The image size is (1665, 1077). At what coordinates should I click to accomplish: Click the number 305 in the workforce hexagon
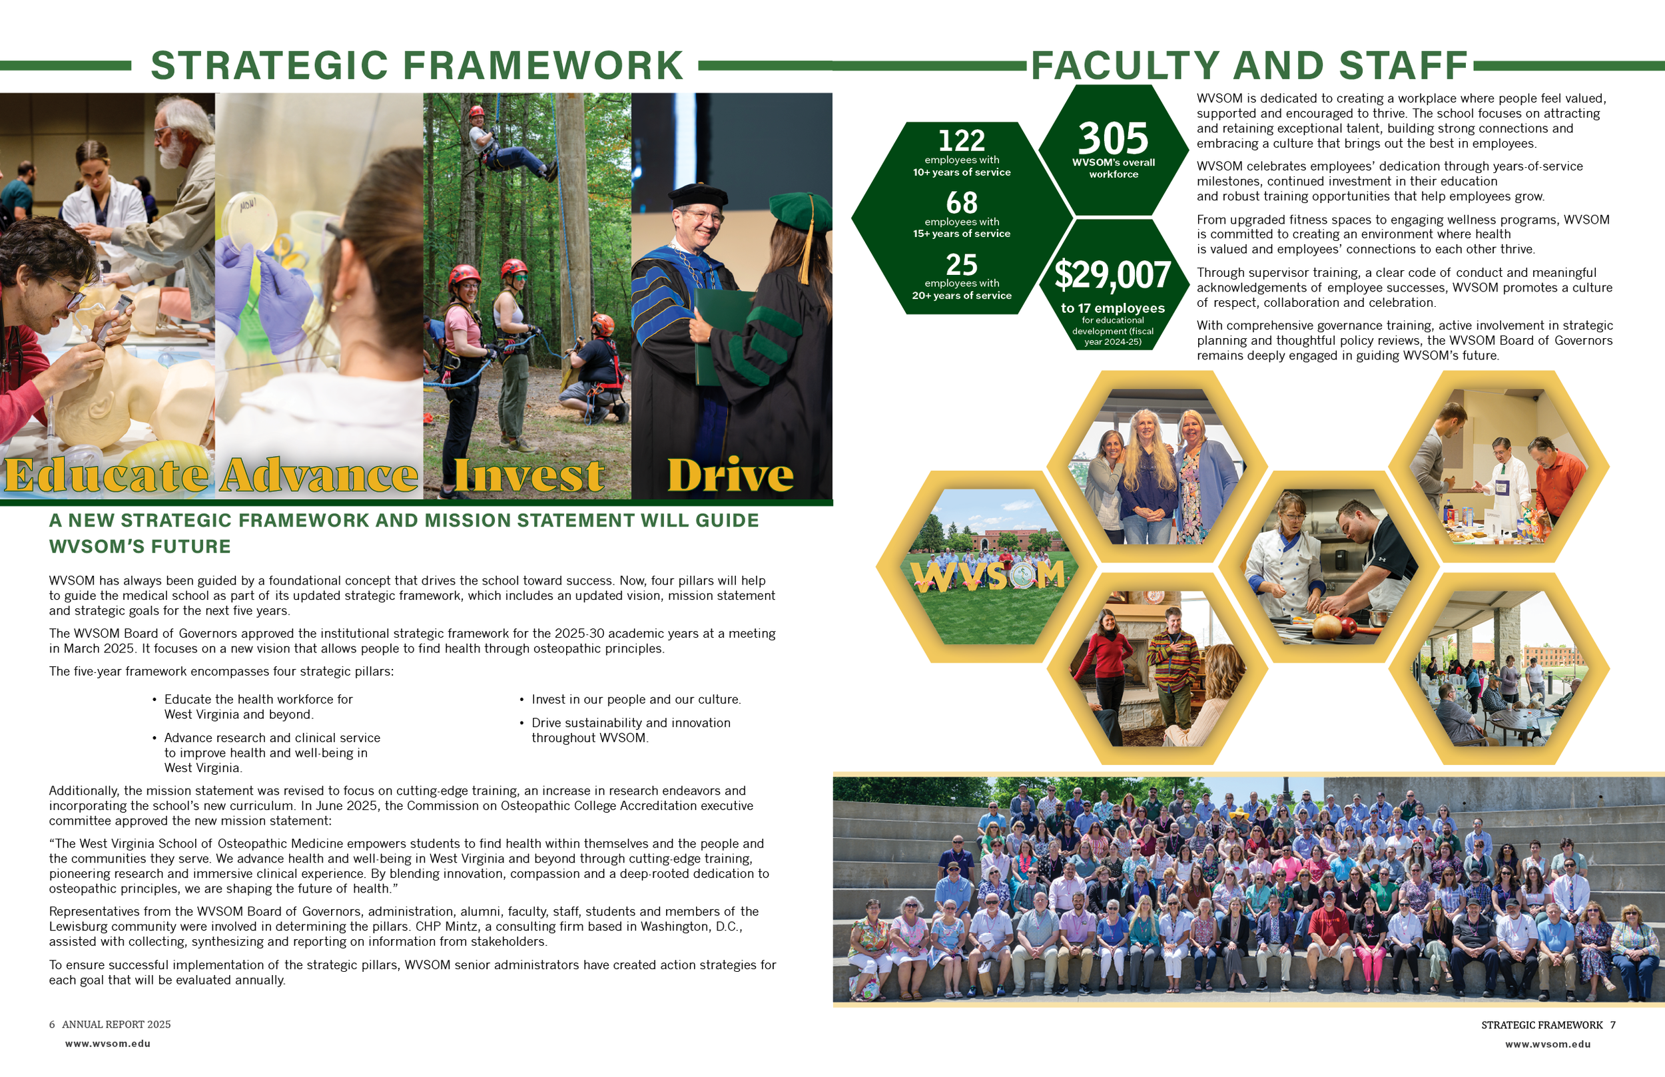[1113, 138]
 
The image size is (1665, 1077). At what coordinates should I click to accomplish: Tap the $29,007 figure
[1112, 275]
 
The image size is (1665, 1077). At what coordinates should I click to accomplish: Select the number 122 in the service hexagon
[961, 140]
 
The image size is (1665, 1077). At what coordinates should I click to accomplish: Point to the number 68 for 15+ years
[961, 203]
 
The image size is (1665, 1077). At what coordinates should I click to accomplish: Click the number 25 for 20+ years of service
[961, 264]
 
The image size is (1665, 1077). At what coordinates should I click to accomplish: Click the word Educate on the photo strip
[107, 475]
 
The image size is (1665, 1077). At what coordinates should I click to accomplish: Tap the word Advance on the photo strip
[319, 475]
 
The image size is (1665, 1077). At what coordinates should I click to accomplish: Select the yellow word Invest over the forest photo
[528, 475]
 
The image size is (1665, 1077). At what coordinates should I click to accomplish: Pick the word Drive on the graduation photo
[731, 475]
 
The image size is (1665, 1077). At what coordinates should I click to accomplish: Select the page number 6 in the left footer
[52, 1024]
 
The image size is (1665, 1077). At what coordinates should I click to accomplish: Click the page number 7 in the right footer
[1612, 1025]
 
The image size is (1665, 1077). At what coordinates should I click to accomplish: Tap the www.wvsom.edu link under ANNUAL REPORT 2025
[108, 1044]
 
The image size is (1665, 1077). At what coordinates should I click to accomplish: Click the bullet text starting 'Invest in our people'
[635, 700]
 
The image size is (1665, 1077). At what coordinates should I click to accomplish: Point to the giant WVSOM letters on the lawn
[988, 576]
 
